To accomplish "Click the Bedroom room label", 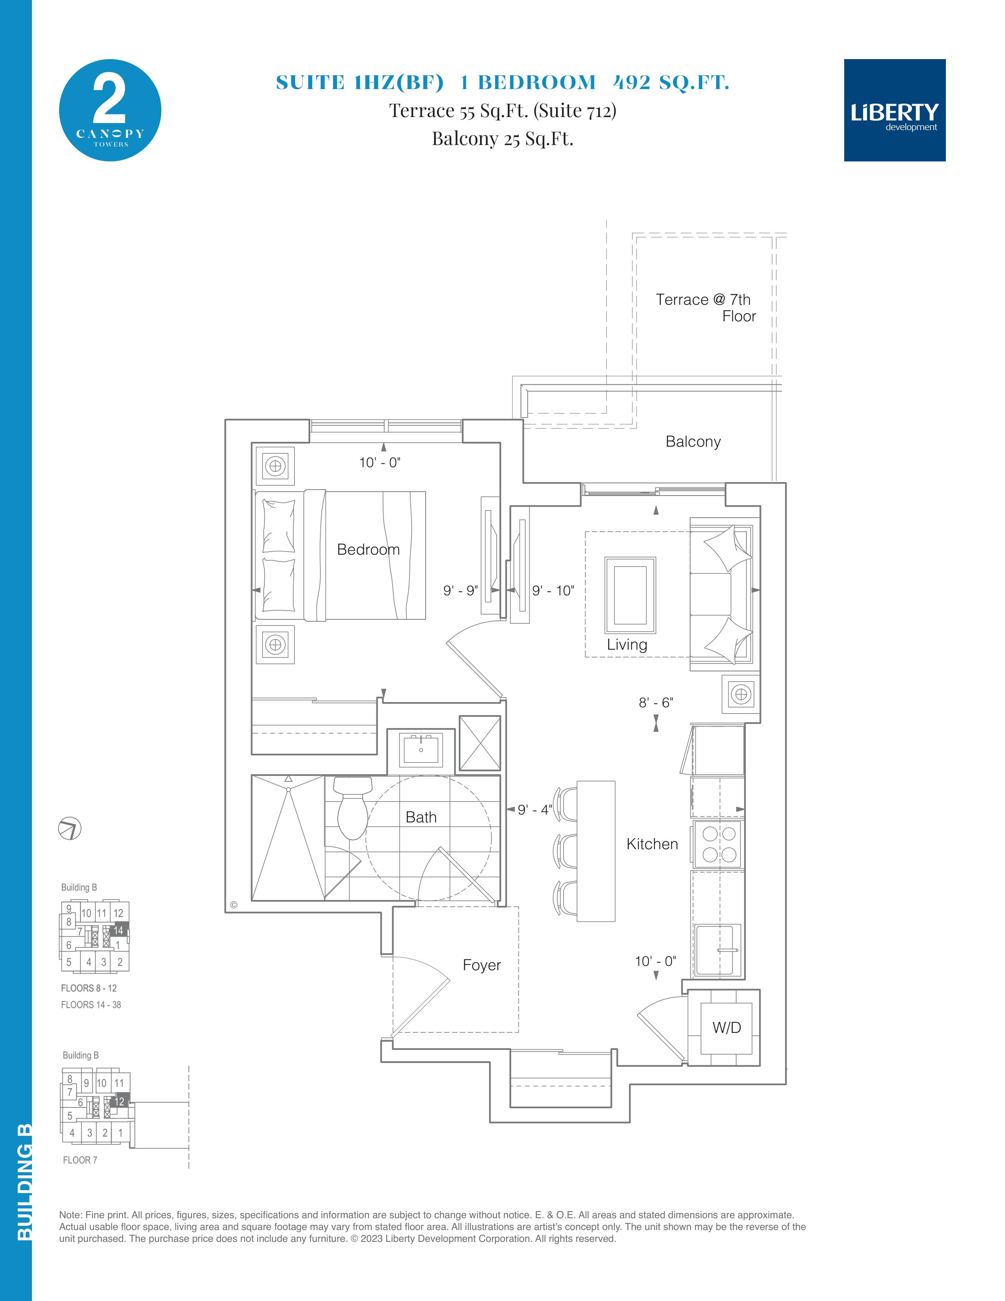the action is click(368, 549).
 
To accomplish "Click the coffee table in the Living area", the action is click(630, 595).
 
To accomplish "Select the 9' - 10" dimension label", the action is click(553, 590).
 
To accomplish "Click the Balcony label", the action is click(693, 442).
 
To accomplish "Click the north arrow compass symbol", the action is click(70, 829).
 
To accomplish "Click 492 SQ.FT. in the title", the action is click(671, 82).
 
